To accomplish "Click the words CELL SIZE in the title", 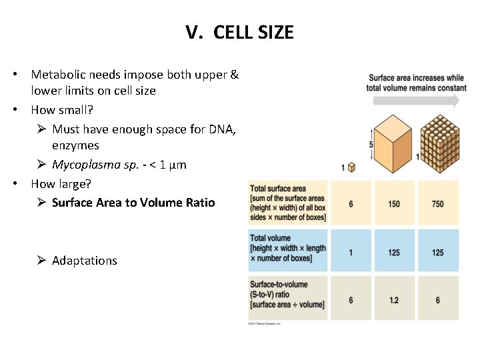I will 253,32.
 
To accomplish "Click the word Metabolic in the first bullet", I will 57,75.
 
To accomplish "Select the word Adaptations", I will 84,261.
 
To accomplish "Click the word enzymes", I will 75,145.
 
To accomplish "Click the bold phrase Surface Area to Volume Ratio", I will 133,202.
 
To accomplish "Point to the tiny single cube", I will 351,167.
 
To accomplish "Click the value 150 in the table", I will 394,204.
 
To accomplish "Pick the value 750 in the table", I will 437,204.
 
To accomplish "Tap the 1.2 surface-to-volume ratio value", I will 394,300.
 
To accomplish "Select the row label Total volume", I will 271,238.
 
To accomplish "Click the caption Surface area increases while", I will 416,78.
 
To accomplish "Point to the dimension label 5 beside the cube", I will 371,145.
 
